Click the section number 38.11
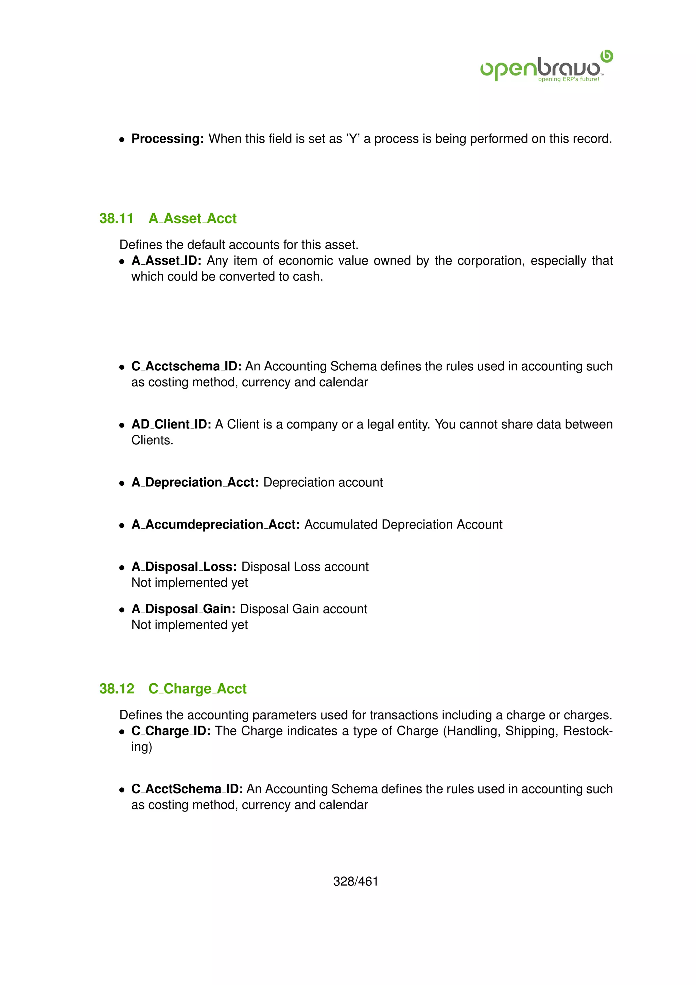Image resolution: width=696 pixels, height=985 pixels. [x=116, y=218]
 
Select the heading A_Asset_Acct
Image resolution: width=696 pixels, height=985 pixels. [x=192, y=218]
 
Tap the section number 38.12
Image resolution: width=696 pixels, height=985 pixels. [x=117, y=688]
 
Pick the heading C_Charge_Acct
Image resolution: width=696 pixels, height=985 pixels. [x=197, y=688]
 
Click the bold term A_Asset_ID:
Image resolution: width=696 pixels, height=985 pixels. [x=166, y=261]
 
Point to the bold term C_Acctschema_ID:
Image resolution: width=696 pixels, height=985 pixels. [x=187, y=366]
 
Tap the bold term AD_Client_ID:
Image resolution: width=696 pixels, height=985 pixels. [x=171, y=424]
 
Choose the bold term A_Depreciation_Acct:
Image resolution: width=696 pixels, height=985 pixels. [x=195, y=482]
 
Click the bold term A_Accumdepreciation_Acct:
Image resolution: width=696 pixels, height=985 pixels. [x=215, y=524]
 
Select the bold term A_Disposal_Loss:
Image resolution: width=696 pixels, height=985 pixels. [x=184, y=567]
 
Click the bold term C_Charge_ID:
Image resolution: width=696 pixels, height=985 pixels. [x=171, y=731]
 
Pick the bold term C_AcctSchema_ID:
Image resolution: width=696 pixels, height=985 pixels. [x=187, y=789]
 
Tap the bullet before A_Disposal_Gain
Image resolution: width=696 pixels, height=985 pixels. [x=122, y=610]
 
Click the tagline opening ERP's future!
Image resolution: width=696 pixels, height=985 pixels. [x=568, y=79]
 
